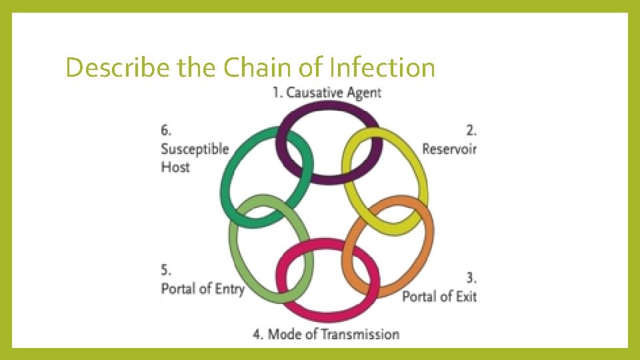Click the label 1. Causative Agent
pyautogui.click(x=327, y=92)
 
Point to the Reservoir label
pyautogui.click(x=449, y=148)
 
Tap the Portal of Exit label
pyautogui.click(x=439, y=295)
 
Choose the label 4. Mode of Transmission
pyautogui.click(x=326, y=334)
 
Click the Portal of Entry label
pyautogui.click(x=203, y=289)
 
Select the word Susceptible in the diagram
pyautogui.click(x=195, y=149)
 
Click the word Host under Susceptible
pyautogui.click(x=175, y=167)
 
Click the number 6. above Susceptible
pyautogui.click(x=166, y=129)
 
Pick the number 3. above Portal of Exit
pyautogui.click(x=471, y=277)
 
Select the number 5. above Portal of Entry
pyautogui.click(x=166, y=271)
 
